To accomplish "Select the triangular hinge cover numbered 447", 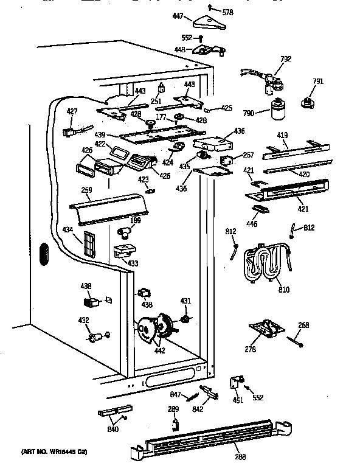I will coord(204,24).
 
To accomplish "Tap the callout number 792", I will coord(286,59).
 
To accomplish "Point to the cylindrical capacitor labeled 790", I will coord(278,110).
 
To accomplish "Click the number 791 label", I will coord(318,82).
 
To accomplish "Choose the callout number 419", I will coord(283,135).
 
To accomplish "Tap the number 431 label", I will coord(186,301).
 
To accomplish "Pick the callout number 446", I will coord(252,224).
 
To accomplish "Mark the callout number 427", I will coord(72,111).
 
